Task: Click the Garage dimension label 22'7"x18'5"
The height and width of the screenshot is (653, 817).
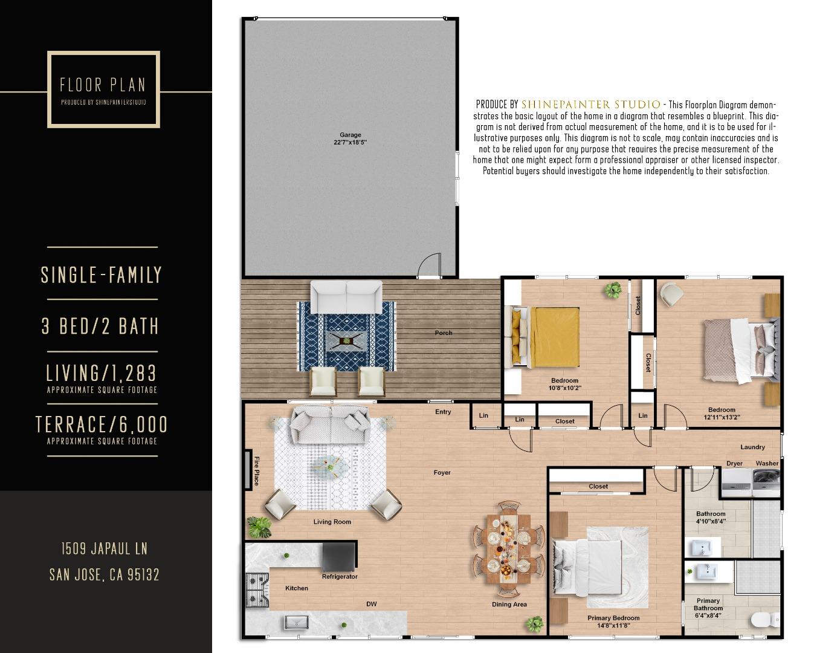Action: point(350,143)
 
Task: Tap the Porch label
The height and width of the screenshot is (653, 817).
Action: point(443,333)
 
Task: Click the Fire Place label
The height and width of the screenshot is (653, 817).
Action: point(256,470)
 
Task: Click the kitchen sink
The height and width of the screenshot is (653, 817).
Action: point(297,621)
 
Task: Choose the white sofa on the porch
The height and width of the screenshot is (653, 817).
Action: point(346,296)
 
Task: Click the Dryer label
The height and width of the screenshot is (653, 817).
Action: point(734,464)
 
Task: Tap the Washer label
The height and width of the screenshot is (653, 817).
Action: point(767,464)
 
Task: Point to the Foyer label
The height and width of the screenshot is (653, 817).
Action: point(442,473)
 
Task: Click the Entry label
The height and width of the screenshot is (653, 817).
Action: point(443,412)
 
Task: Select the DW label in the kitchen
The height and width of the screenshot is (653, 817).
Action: point(372,604)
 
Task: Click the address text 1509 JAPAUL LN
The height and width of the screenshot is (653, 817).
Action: point(104,549)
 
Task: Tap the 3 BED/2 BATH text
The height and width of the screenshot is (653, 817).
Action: point(100,326)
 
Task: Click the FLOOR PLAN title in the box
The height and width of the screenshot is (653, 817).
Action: point(103,85)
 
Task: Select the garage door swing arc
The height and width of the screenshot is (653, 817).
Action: point(430,265)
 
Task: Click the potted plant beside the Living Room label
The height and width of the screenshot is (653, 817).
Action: point(260,527)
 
